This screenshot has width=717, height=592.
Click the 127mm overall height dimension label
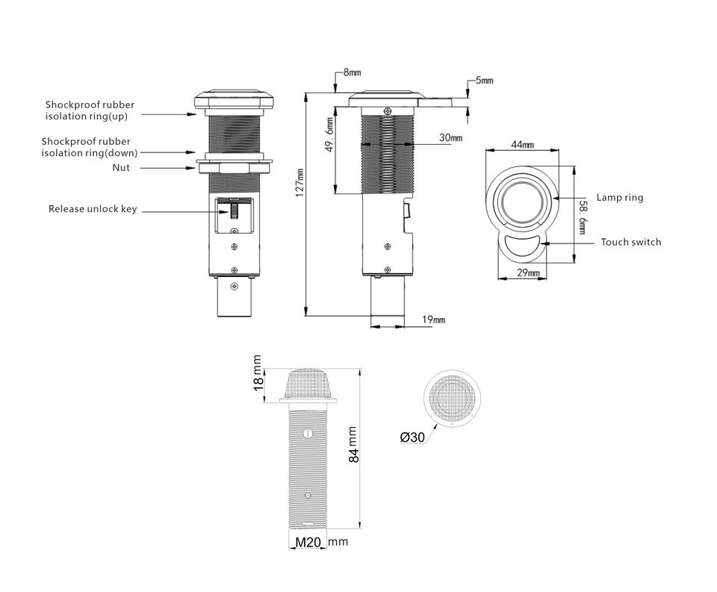pyautogui.click(x=299, y=182)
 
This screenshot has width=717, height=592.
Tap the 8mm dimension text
pyautogui.click(x=352, y=72)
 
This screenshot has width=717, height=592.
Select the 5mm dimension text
pyautogui.click(x=484, y=81)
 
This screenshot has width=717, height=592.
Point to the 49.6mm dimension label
pyautogui.click(x=329, y=134)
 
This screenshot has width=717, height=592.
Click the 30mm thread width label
pyautogui.click(x=450, y=137)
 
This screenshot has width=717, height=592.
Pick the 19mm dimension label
pyautogui.click(x=433, y=319)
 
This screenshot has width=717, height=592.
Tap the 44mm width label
pyautogui.click(x=522, y=145)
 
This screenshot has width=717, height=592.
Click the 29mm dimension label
pyautogui.click(x=528, y=273)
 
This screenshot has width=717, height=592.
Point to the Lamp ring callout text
pyautogui.click(x=620, y=198)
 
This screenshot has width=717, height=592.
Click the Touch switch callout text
pyautogui.click(x=630, y=242)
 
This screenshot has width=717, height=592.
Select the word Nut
pyautogui.click(x=121, y=168)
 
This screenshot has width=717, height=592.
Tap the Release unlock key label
pyautogui.click(x=93, y=209)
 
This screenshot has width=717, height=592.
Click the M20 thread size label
pyautogui.click(x=308, y=542)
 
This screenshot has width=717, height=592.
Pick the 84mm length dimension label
pyautogui.click(x=353, y=445)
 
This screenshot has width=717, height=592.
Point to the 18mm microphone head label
pyautogui.click(x=258, y=373)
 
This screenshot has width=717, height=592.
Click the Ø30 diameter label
pyautogui.click(x=412, y=437)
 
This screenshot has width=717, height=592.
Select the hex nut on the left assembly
pyautogui.click(x=235, y=168)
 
